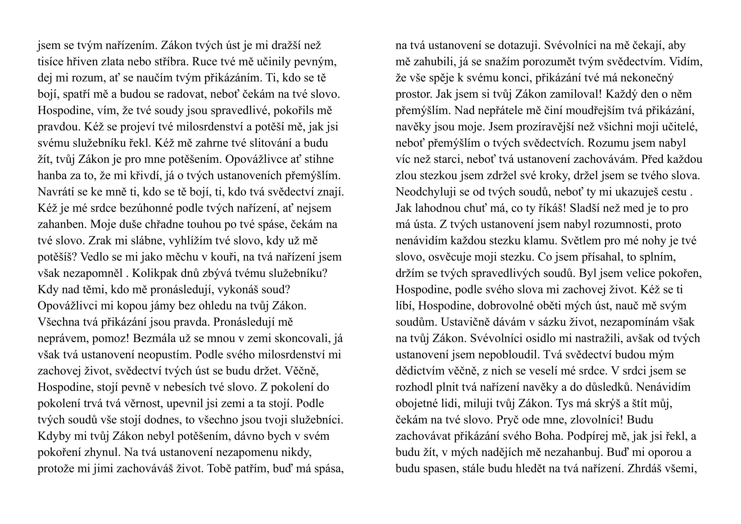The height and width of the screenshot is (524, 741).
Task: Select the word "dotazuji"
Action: [x=517, y=45]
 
